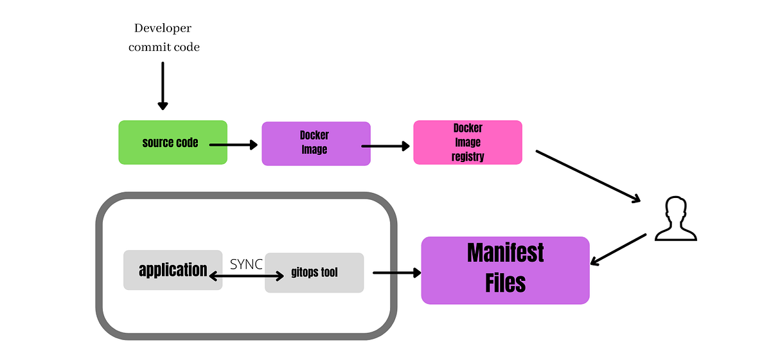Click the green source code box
tap(173, 142)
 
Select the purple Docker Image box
tap(315, 143)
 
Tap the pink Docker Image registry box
tap(467, 142)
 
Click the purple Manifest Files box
tap(505, 270)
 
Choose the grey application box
tap(173, 270)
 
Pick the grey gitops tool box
tap(314, 273)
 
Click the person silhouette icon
tap(675, 219)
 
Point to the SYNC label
tap(246, 264)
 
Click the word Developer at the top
tap(163, 28)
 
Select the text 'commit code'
tap(164, 47)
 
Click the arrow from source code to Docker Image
tap(233, 145)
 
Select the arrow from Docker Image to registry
tap(385, 146)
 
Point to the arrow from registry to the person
tap(588, 177)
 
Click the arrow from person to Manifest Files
tap(618, 249)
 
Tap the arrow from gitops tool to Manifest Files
tap(396, 273)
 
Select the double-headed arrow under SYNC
tap(245, 276)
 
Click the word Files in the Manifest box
tap(505, 283)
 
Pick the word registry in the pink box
tap(467, 156)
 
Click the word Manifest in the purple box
tap(505, 253)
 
